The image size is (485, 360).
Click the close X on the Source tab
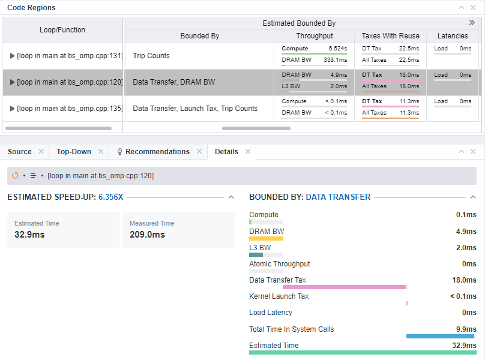(x=41, y=152)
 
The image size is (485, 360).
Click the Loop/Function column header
(x=62, y=30)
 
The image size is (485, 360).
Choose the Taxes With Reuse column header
(x=390, y=36)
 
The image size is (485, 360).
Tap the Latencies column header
(x=453, y=36)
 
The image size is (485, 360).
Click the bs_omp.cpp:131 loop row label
(x=70, y=56)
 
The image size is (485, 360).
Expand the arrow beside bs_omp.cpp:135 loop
(x=13, y=109)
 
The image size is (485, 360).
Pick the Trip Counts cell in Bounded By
(x=151, y=56)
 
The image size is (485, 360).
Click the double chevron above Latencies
(x=472, y=23)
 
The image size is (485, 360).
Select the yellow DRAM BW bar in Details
(x=266, y=238)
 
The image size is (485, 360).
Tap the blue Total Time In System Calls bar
(x=440, y=336)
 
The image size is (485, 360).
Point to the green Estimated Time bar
(x=363, y=352)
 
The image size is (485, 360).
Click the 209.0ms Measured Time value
(x=147, y=235)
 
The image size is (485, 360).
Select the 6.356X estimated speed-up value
(x=111, y=197)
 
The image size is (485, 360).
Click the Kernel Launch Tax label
(x=279, y=296)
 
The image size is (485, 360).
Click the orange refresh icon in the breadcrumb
(x=16, y=176)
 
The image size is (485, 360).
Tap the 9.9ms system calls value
(x=466, y=329)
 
